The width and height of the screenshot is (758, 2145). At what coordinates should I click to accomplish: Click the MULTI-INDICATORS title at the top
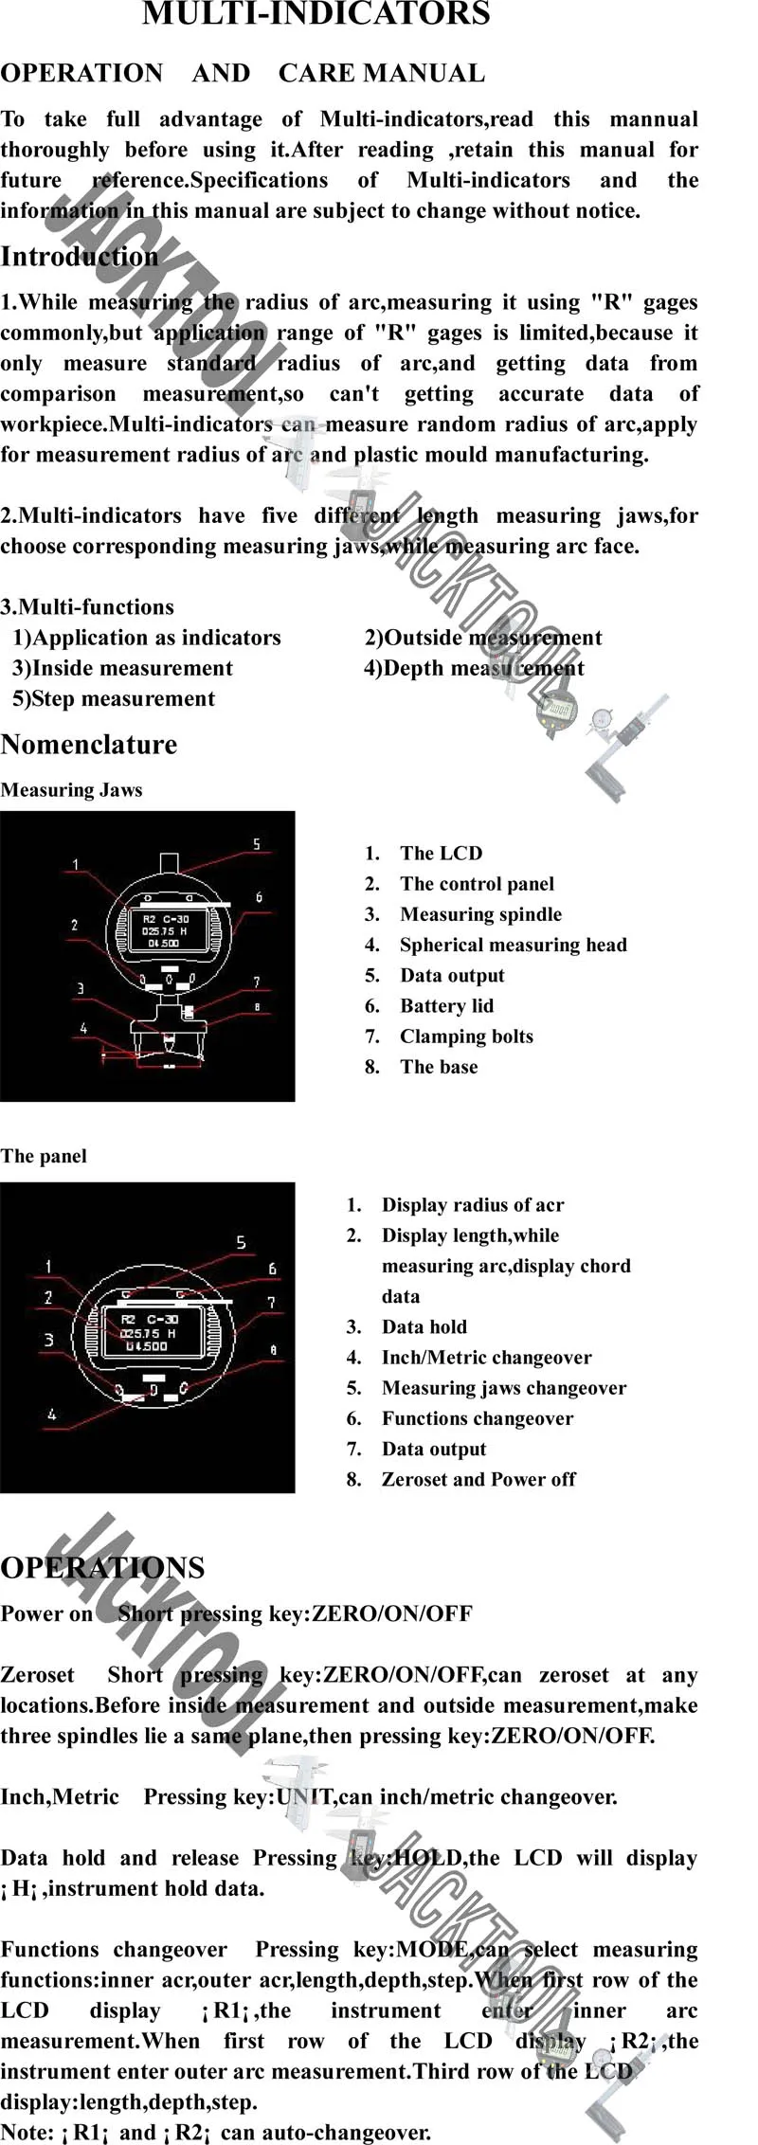pyautogui.click(x=316, y=14)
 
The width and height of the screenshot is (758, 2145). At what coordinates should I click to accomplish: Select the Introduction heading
pyautogui.click(x=80, y=257)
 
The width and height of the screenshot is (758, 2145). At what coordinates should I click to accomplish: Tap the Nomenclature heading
pyautogui.click(x=89, y=745)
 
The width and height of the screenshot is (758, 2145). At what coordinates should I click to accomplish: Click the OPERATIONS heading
pyautogui.click(x=102, y=1568)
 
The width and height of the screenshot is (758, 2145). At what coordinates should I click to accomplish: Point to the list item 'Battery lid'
pyautogui.click(x=446, y=1006)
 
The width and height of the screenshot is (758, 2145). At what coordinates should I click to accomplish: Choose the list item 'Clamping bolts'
pyautogui.click(x=466, y=1036)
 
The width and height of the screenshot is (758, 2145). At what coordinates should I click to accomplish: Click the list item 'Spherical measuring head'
pyautogui.click(x=513, y=945)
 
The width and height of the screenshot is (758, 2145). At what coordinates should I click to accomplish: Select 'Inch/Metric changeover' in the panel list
pyautogui.click(x=486, y=1358)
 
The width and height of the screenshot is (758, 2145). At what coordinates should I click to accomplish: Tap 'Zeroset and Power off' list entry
pyautogui.click(x=478, y=1480)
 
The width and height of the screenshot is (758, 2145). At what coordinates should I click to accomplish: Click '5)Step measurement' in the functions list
pyautogui.click(x=114, y=699)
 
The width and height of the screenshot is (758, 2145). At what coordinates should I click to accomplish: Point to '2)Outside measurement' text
pyautogui.click(x=483, y=638)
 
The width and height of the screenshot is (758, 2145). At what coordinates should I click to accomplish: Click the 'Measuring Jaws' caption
pyautogui.click(x=71, y=790)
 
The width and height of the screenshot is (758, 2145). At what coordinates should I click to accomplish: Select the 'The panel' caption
pyautogui.click(x=44, y=1157)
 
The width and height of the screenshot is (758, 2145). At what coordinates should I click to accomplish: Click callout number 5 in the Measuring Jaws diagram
pyautogui.click(x=256, y=844)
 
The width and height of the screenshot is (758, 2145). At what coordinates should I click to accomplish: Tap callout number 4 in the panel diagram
pyautogui.click(x=51, y=1415)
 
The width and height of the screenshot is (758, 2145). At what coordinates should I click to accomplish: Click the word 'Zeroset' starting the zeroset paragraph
pyautogui.click(x=37, y=1675)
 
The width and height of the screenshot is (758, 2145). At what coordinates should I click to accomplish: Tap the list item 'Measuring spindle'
pyautogui.click(x=480, y=914)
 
